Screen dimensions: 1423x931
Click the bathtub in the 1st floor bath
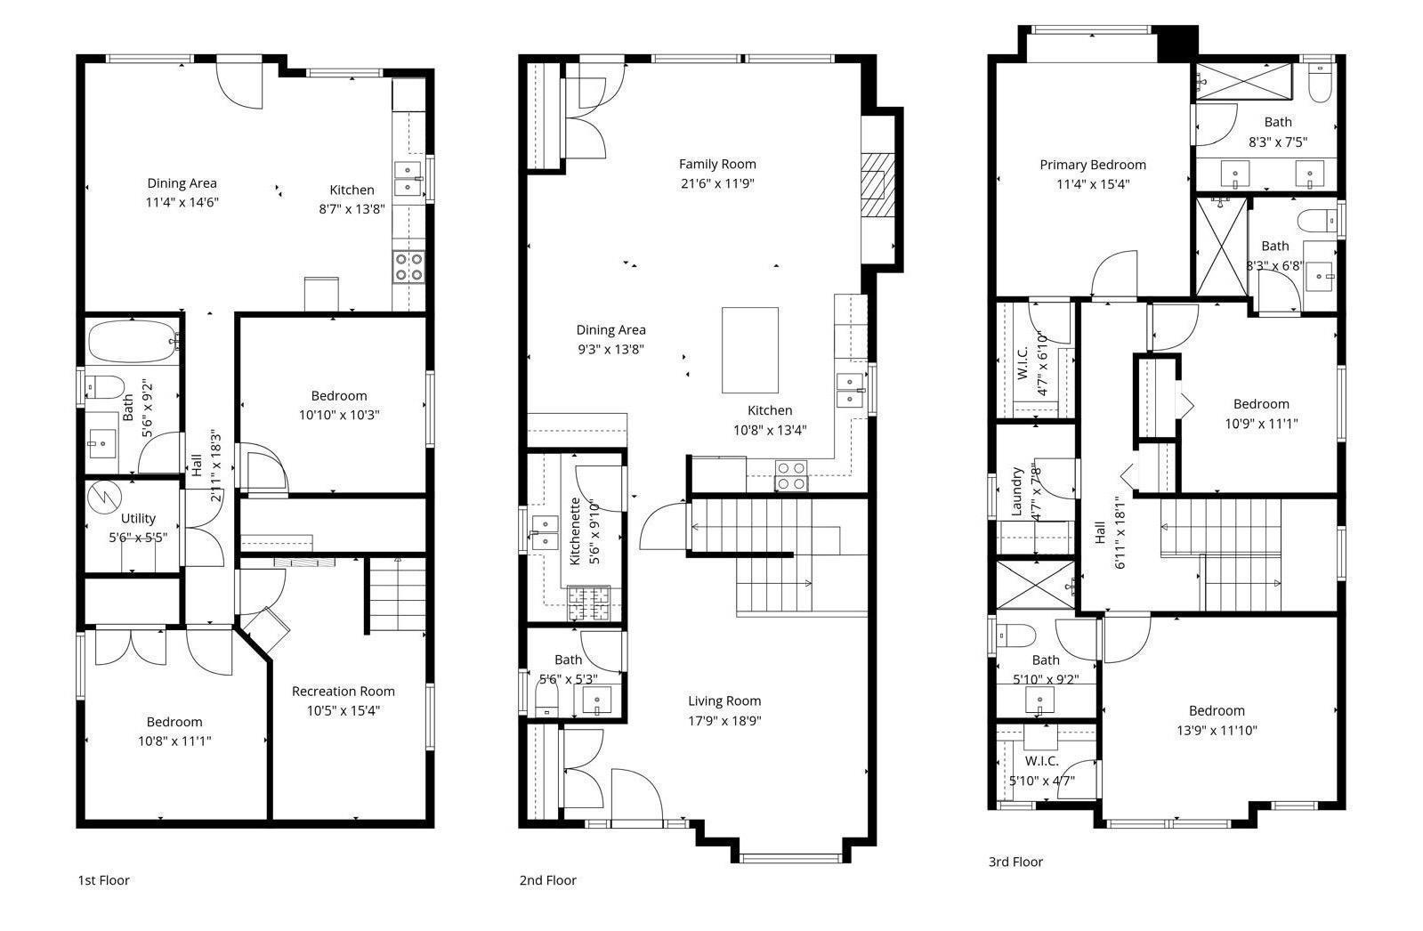[132, 341]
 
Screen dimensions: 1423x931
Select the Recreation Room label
[343, 691]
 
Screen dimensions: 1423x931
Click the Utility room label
[138, 518]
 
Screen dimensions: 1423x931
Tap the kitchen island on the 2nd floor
[749, 350]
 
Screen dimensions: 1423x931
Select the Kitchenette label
[575, 530]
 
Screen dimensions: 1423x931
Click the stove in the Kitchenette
[588, 603]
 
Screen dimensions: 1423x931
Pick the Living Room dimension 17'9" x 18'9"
[724, 720]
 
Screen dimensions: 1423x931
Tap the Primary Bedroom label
[1093, 165]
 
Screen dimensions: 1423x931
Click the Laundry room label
[1016, 490]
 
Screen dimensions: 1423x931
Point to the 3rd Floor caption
[1015, 862]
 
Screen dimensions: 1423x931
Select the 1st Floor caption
[103, 880]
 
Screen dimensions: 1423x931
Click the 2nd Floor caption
[547, 880]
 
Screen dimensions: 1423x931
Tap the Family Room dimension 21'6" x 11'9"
[717, 183]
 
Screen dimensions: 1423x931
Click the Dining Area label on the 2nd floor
[610, 330]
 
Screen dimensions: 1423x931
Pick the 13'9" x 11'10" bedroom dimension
[1217, 730]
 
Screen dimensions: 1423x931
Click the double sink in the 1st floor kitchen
[408, 179]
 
